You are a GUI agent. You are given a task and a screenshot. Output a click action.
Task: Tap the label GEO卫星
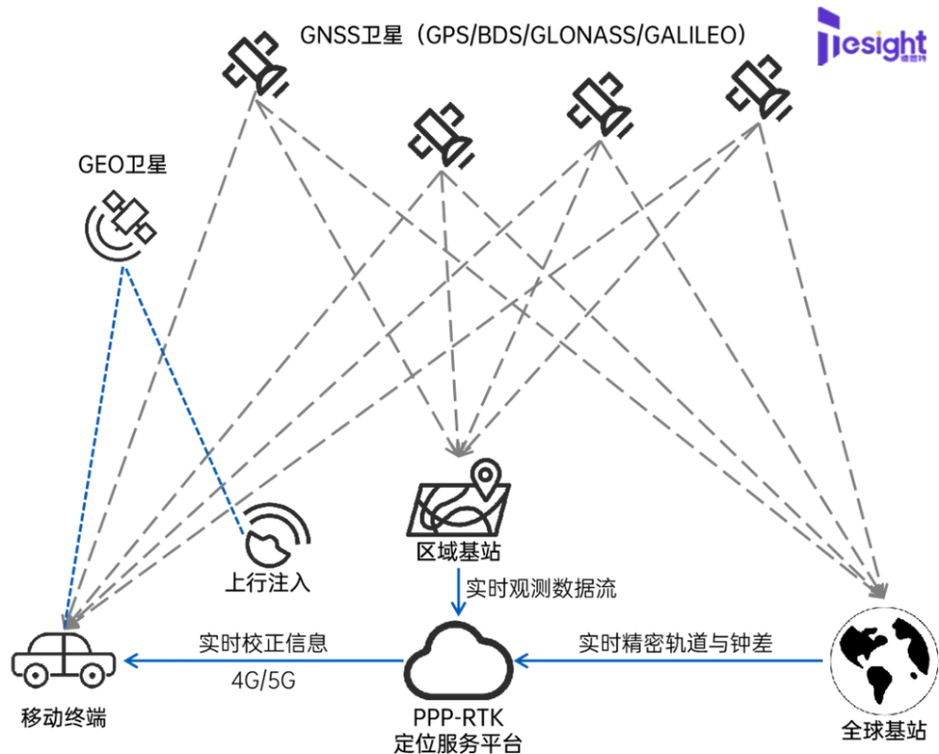tap(122, 165)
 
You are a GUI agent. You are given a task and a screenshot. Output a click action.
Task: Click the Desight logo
tap(872, 36)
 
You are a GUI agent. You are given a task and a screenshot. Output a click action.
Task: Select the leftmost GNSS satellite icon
tap(255, 65)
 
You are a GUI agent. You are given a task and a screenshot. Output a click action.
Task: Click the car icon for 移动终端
tap(63, 659)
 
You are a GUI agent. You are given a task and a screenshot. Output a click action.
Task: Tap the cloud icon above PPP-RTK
tap(458, 659)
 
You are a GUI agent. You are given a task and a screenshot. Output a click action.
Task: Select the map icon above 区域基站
tap(459, 498)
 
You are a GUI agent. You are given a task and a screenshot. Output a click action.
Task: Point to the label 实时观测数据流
tap(541, 588)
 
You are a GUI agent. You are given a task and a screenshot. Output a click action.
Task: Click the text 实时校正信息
tap(263, 643)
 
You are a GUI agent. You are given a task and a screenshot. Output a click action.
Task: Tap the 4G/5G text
tap(263, 681)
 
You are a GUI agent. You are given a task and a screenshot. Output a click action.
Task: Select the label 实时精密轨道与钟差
tap(676, 643)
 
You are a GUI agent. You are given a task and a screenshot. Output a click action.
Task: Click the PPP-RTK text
tap(458, 717)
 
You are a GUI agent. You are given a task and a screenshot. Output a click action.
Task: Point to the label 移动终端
tap(63, 717)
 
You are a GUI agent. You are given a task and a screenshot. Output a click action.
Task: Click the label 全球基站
tap(884, 731)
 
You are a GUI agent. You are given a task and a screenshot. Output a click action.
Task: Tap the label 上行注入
tap(268, 582)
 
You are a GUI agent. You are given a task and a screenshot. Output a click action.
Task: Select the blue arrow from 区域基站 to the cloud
tap(458, 592)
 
